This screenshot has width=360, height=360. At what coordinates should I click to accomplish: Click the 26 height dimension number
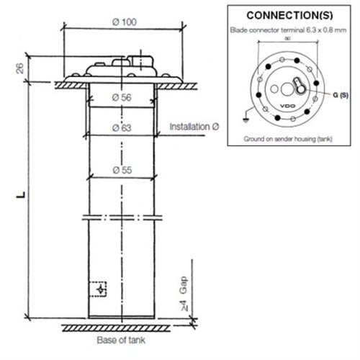pos(19,68)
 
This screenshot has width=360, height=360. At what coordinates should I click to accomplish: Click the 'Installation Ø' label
pos(194,127)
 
